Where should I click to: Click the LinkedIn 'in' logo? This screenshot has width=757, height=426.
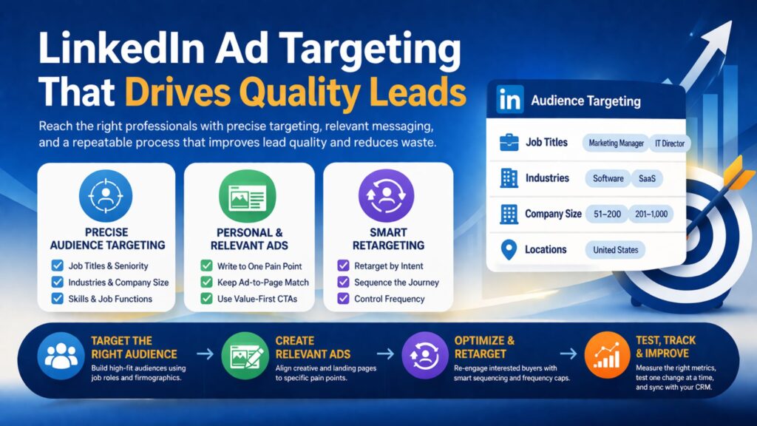coord(509,100)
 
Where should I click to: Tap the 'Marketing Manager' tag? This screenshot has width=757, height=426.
coord(616,143)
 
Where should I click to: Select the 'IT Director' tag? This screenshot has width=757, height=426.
coord(669,143)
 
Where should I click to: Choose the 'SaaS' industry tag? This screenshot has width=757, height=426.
coord(647,179)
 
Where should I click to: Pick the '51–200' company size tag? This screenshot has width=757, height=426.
coord(608,214)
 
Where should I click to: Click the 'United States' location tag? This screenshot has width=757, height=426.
coord(616,250)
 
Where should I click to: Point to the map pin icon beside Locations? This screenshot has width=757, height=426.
coord(509,250)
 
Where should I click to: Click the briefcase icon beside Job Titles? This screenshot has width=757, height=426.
coord(509,143)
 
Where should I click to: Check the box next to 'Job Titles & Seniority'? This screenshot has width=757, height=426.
coord(58,266)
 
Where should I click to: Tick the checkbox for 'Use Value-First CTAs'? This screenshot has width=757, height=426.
coord(207,299)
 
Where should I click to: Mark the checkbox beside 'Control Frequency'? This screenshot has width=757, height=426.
coord(343,299)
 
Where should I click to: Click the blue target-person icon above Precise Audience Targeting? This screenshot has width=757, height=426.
coord(106,195)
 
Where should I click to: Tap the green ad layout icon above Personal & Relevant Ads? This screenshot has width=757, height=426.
coord(248,196)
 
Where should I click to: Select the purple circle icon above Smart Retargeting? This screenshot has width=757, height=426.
coord(386,195)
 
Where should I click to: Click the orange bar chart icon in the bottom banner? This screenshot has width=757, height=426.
coord(607,356)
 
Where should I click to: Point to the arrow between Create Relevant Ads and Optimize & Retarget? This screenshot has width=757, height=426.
coord(385,354)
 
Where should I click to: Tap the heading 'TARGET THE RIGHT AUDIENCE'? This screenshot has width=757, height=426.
coord(135,348)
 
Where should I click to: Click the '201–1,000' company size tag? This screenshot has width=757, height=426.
coord(651,214)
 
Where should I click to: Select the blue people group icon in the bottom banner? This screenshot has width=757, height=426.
coord(61,356)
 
